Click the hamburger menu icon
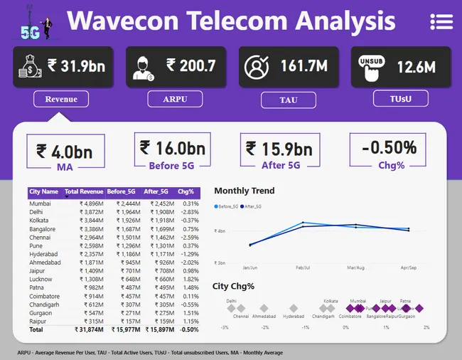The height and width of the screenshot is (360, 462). point(441,21)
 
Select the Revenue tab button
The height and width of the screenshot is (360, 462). point(61,99)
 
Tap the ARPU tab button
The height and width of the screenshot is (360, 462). point(175,99)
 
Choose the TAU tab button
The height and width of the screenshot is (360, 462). point(289,100)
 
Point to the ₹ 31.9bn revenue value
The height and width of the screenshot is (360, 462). point(76,66)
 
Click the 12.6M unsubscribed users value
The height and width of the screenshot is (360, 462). point(417,67)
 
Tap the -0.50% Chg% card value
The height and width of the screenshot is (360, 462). point(389,148)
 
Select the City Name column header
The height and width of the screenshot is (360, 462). point(44,191)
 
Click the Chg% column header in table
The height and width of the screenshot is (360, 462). point(186,191)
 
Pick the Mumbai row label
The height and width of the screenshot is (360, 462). point(40,203)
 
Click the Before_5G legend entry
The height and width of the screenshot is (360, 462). point(228,206)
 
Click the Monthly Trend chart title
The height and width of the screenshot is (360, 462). point(244,191)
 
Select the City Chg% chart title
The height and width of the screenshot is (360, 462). point(233,286)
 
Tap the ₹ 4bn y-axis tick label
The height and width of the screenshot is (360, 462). point(220,231)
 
